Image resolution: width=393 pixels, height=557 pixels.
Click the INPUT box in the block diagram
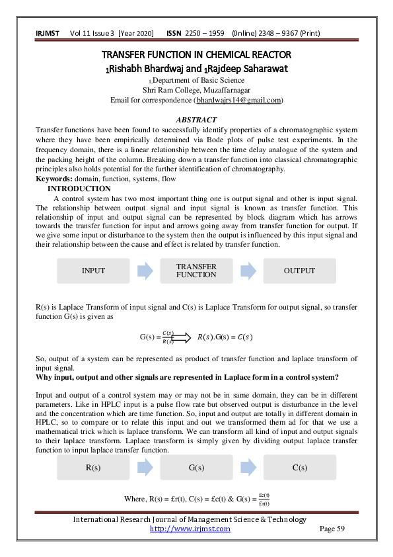pos(93,271)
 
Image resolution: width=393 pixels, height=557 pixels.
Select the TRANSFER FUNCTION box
pos(196,271)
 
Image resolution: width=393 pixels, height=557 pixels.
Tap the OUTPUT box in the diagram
pos(299,271)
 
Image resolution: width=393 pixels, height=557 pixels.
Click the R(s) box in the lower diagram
pos(93,468)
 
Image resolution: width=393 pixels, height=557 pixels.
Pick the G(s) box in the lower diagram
pos(196,468)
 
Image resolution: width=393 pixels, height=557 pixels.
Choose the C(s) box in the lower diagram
pos(299,468)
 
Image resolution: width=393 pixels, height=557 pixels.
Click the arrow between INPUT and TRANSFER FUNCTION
pos(145,271)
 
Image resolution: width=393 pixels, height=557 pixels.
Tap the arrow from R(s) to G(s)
pos(145,468)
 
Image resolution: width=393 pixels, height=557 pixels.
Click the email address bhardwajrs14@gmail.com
pos(239,100)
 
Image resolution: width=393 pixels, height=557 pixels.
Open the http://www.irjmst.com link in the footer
pos(190,529)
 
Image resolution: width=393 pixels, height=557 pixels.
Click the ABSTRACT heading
pos(196,120)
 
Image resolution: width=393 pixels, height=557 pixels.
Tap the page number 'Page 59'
pos(332,529)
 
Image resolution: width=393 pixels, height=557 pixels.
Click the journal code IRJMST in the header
pos(47,33)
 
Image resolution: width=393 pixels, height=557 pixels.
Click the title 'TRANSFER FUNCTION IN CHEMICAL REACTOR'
pos(196,54)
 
